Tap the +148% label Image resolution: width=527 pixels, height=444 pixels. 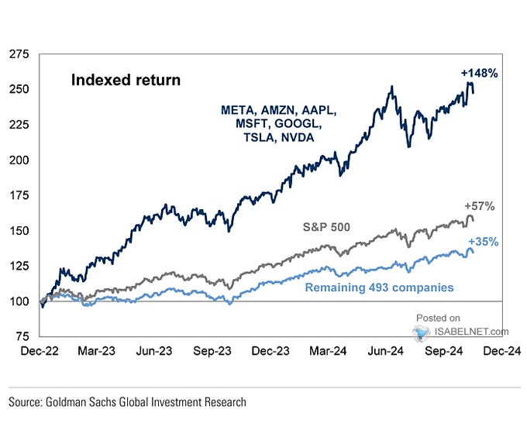tap(480, 74)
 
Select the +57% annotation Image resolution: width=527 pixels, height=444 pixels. tap(480, 206)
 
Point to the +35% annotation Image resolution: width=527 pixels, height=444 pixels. tap(483, 242)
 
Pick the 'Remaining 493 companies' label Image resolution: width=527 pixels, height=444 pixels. tap(379, 287)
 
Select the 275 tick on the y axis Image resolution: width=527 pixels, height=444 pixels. tap(19, 55)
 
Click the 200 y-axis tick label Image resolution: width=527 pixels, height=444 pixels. tap(19, 160)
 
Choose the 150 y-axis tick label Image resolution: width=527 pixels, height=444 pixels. tap(19, 231)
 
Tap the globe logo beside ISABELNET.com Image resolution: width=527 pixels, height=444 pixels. tap(422, 332)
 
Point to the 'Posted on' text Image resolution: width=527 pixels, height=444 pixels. tap(438, 318)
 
